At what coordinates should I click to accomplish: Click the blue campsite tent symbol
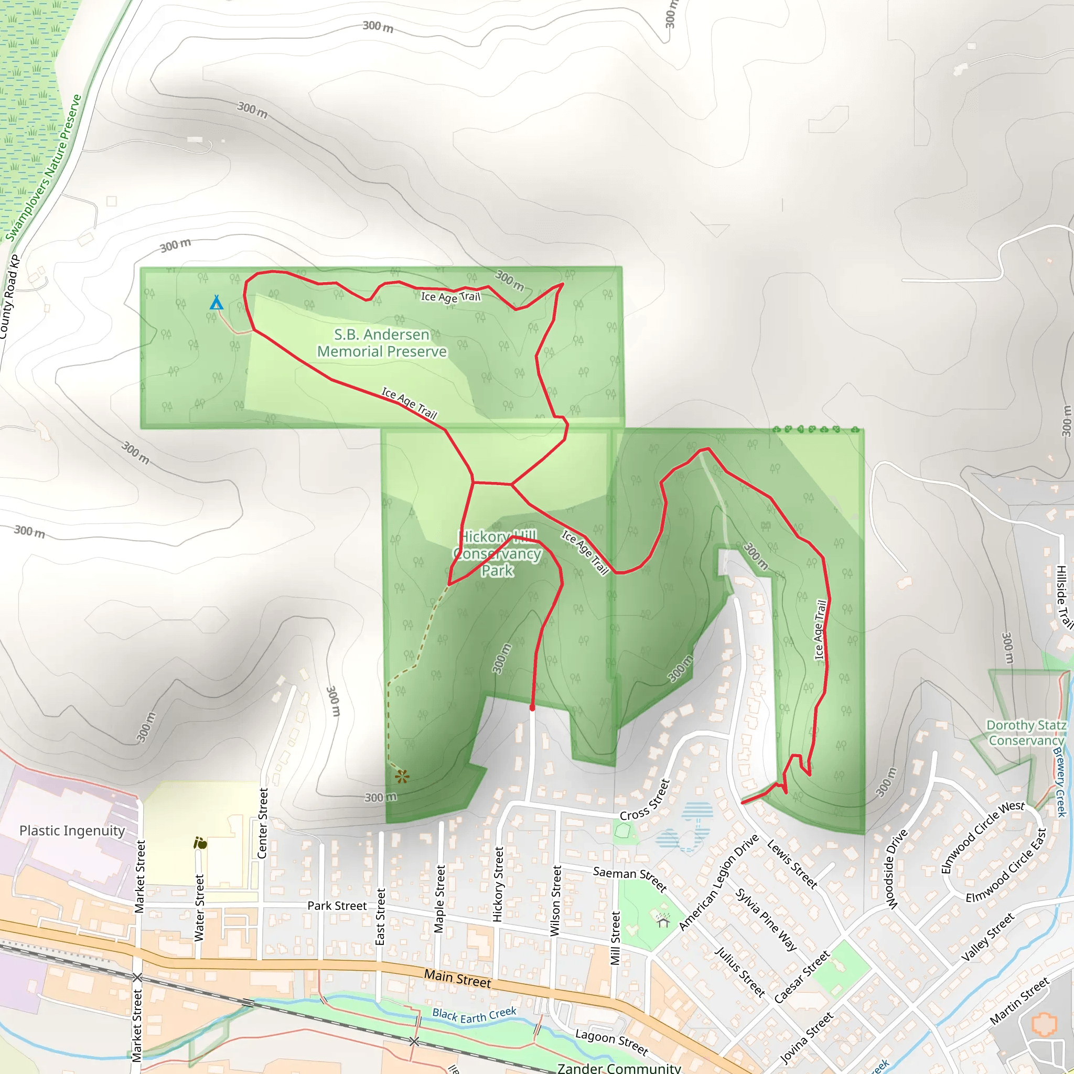[216, 303]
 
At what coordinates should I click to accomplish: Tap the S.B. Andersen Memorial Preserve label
[382, 343]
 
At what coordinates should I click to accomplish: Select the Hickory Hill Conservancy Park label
[498, 553]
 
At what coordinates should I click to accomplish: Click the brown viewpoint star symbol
[402, 776]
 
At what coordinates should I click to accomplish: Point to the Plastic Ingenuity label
[72, 831]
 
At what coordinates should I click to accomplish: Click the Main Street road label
[457, 979]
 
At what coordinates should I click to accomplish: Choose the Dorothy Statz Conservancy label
[1026, 733]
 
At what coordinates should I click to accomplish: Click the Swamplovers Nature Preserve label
[45, 168]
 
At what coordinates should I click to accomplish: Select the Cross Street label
[646, 800]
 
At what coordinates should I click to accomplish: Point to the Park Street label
[337, 906]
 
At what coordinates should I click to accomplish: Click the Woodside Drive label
[896, 869]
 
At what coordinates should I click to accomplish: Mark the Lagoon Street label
[611, 1042]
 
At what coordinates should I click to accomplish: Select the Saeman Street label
[630, 879]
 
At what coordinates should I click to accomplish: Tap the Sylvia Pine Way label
[766, 919]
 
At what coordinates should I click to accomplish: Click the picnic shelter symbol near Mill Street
[663, 920]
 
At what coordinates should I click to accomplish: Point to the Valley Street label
[988, 937]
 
